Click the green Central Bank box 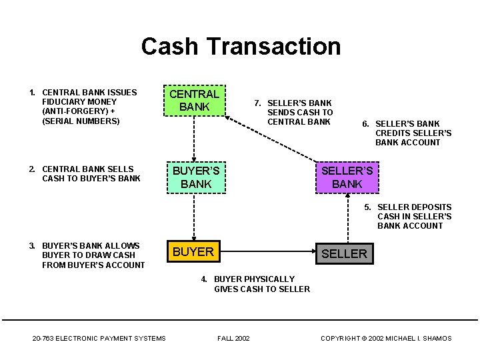195,101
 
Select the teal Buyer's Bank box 196,177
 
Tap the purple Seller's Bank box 347,177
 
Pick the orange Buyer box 193,251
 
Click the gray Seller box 345,253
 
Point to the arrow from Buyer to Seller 268,251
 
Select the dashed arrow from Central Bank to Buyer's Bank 194,139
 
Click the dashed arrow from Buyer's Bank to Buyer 194,217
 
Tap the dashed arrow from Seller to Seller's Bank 348,218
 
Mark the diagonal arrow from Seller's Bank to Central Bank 271,139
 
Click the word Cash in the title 169,47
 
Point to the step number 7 257,103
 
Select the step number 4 204,279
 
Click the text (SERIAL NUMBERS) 81,121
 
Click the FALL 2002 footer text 233,338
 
